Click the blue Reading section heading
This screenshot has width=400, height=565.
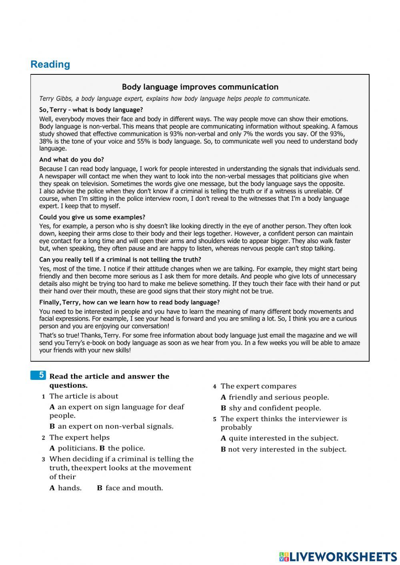(x=50, y=64)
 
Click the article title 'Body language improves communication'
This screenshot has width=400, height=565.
(x=200, y=87)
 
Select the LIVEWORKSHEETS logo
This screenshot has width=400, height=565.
(x=338, y=556)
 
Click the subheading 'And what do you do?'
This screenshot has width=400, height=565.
(x=72, y=160)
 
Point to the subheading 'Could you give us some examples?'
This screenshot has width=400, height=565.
(x=92, y=217)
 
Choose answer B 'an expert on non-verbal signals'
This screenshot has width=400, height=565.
(x=115, y=426)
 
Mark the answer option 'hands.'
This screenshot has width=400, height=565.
(x=69, y=488)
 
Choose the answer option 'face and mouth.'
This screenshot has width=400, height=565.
(x=134, y=488)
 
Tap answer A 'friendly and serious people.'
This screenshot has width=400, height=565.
(x=278, y=397)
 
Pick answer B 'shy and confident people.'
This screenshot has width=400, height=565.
(x=275, y=408)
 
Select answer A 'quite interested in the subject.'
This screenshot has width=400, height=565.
(x=283, y=438)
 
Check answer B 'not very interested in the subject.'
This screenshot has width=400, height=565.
(x=287, y=449)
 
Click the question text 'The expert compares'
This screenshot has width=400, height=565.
(x=258, y=386)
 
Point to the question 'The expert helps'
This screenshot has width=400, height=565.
(x=79, y=437)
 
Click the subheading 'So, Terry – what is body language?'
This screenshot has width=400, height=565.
(x=91, y=110)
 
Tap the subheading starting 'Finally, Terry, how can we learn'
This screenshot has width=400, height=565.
(x=129, y=302)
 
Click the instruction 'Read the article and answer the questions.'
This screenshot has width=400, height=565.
(x=109, y=381)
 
